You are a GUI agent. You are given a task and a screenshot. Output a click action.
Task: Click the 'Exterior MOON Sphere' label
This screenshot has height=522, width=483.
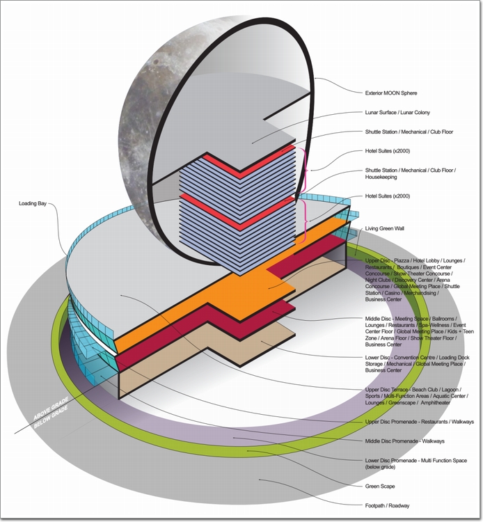tap(391, 93)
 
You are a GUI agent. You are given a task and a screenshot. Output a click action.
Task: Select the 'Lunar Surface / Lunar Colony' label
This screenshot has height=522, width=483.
tap(397, 113)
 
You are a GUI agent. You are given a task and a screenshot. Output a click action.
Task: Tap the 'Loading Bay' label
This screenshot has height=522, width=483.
tap(33, 203)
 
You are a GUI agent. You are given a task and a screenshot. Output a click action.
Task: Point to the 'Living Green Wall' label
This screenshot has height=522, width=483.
tap(384, 229)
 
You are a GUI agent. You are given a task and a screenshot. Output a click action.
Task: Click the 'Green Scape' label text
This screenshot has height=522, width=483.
tap(380, 487)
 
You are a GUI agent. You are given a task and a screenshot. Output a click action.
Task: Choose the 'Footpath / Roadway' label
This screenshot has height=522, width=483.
tap(387, 506)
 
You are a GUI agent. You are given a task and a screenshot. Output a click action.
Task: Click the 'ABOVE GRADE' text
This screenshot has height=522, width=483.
tap(51, 408)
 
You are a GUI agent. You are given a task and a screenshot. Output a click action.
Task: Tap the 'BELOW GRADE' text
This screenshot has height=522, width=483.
tap(51, 416)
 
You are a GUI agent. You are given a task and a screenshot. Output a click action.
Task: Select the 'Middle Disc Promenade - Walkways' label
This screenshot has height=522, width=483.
tap(405, 441)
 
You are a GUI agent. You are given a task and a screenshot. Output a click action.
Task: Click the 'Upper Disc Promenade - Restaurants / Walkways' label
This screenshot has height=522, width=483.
tap(420, 422)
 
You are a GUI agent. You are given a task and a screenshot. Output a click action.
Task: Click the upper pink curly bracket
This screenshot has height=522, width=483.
tap(303, 170)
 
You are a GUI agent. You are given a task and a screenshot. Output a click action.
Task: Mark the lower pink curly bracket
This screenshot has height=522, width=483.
tap(304, 221)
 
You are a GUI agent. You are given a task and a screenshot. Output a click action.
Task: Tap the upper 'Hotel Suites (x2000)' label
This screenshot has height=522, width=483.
tap(388, 151)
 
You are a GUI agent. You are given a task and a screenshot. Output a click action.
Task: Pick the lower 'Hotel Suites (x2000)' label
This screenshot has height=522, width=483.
tap(388, 196)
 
